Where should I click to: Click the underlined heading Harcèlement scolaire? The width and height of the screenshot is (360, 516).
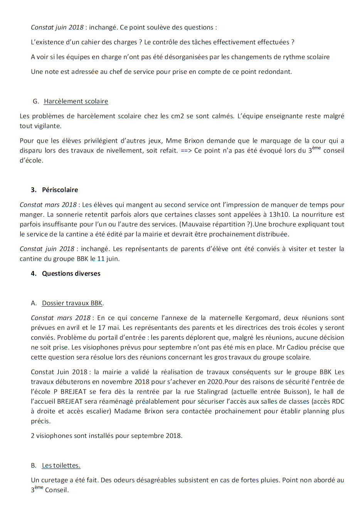point(76,101)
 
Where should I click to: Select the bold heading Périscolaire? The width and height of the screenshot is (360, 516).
point(60,190)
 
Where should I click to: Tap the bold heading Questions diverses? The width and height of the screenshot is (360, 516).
point(71,273)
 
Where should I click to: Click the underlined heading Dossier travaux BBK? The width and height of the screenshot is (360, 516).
point(72,303)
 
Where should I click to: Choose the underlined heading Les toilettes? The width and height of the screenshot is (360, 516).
point(61,465)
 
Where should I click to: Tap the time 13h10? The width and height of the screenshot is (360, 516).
point(279,215)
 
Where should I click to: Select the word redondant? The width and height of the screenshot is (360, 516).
point(276,72)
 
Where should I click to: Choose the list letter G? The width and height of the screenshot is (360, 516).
point(35,101)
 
